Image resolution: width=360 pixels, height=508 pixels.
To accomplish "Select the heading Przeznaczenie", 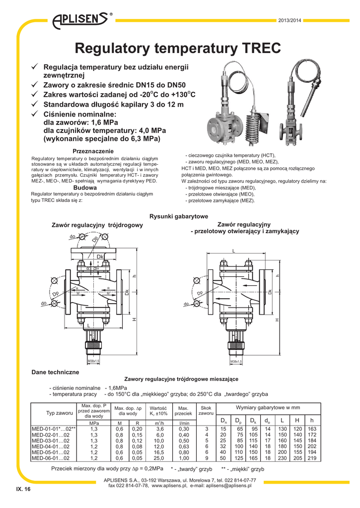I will (x=93, y=151).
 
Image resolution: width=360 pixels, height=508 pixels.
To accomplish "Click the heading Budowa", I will (x=84, y=188).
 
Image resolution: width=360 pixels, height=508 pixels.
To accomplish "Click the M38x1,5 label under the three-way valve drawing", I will (x=93, y=362).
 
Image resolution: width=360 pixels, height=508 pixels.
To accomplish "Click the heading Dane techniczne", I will (x=55, y=372).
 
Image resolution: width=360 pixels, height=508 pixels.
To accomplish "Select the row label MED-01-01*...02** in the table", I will (x=53, y=428).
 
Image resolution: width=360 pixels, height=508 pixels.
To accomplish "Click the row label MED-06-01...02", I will (x=50, y=458).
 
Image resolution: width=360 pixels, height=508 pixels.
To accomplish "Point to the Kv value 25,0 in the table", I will (x=160, y=458).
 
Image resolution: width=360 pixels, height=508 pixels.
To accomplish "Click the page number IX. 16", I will (x=23, y=489).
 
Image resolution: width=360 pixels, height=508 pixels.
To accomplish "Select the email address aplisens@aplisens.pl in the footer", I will (x=228, y=486).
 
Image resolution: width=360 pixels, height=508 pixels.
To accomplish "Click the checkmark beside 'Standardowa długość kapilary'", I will (x=35, y=105).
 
